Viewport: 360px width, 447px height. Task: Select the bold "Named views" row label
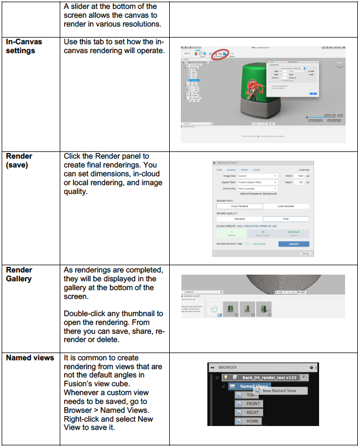[30, 358]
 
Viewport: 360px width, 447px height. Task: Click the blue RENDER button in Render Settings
[294, 243]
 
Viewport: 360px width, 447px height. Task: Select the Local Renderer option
[285, 206]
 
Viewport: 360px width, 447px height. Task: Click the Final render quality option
[285, 219]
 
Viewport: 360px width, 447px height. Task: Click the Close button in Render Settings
[305, 253]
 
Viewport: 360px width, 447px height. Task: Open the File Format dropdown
[258, 188]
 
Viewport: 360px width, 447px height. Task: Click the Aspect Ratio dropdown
[258, 182]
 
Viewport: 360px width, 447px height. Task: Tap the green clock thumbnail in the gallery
[213, 311]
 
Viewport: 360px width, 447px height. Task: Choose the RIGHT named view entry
[252, 412]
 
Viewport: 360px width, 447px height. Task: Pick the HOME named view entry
[252, 421]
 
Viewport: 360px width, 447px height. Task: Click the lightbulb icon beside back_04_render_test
[225, 377]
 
